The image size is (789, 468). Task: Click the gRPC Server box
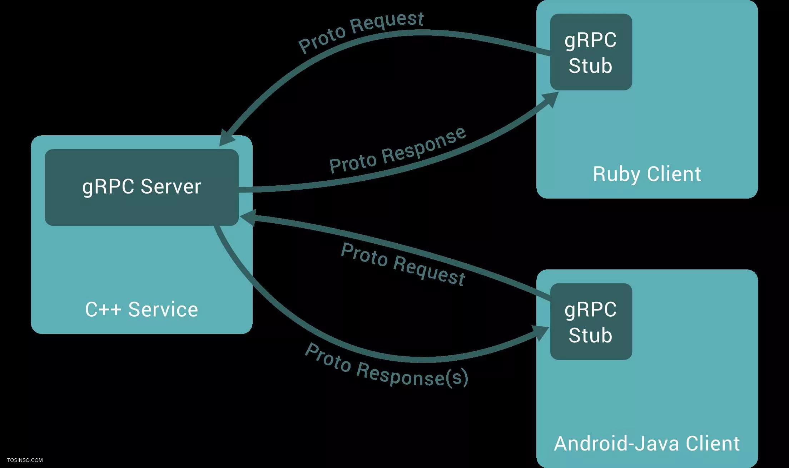coord(142,187)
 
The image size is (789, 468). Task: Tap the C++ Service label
coord(142,309)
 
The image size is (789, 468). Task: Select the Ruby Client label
coord(647,175)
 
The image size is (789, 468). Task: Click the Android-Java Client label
coord(647,444)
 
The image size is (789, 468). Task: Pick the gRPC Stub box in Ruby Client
coord(591,52)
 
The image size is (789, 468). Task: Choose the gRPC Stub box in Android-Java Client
coord(591,321)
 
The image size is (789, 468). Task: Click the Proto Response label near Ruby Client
coord(398,150)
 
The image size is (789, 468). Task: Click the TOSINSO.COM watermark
coord(25,460)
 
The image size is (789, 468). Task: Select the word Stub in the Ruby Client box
coord(590,66)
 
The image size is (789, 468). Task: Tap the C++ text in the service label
coord(103,309)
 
